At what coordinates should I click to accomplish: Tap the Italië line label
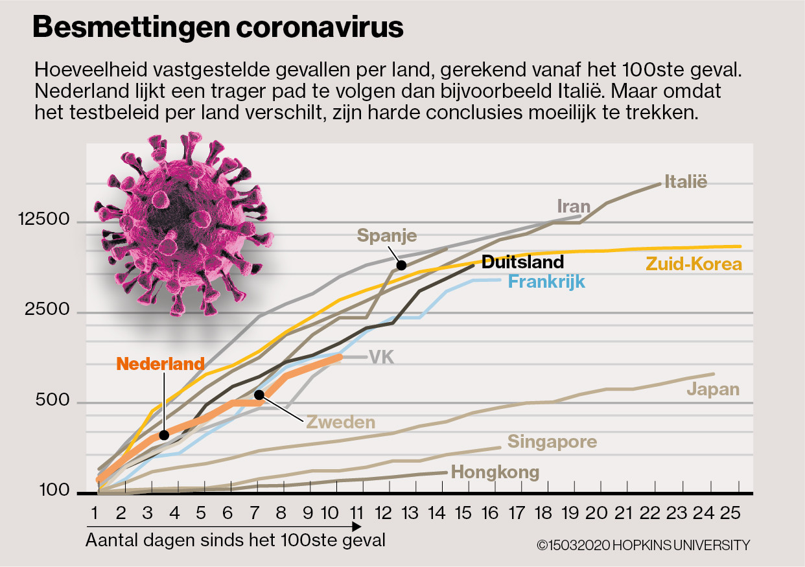tap(686, 182)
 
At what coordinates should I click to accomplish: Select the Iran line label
tap(574, 207)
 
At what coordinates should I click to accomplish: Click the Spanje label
tap(387, 235)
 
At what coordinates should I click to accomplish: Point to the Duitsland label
tap(523, 262)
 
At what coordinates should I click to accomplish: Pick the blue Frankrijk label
tap(546, 282)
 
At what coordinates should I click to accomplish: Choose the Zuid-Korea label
tap(694, 264)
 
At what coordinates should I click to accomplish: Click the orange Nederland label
tap(161, 364)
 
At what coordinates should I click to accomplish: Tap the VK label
tap(382, 356)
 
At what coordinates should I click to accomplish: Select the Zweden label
tap(341, 422)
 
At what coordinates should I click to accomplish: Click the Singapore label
tap(552, 442)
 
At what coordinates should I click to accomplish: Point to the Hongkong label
tap(495, 472)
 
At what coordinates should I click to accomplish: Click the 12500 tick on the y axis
tap(45, 220)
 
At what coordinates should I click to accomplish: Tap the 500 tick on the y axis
tap(54, 400)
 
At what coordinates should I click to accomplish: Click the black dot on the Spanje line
tap(401, 264)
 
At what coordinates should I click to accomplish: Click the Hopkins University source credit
tap(643, 546)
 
